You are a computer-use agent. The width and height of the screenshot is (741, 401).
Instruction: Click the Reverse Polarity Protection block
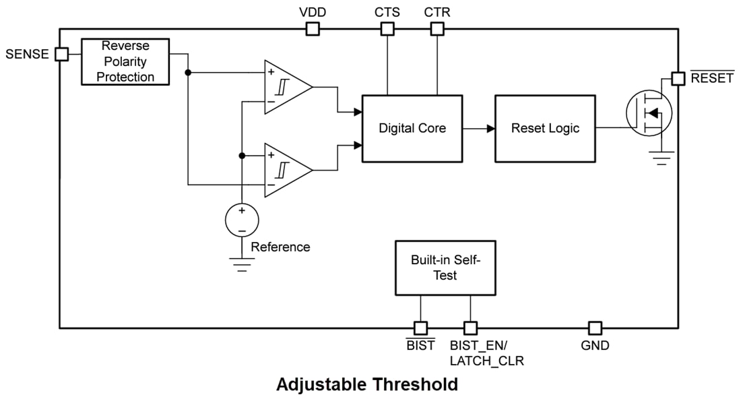pyautogui.click(x=125, y=61)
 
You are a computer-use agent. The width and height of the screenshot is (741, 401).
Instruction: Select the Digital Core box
pyautogui.click(x=412, y=128)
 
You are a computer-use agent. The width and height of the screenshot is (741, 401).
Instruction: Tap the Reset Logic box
pyautogui.click(x=545, y=128)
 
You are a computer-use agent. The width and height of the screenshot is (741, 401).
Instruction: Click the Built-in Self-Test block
pyautogui.click(x=445, y=268)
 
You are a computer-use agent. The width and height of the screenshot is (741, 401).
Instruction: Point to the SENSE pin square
pyautogui.click(x=61, y=55)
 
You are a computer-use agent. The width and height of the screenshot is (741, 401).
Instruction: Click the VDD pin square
pyautogui.click(x=313, y=29)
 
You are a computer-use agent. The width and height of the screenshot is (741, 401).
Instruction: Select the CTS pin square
pyautogui.click(x=387, y=29)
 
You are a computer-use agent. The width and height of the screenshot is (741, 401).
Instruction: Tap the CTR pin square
pyautogui.click(x=437, y=29)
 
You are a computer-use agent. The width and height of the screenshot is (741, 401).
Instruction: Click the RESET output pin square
pyautogui.click(x=678, y=79)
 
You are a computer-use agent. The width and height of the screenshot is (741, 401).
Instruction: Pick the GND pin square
pyautogui.click(x=595, y=328)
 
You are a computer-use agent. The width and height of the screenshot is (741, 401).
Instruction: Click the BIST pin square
pyautogui.click(x=420, y=328)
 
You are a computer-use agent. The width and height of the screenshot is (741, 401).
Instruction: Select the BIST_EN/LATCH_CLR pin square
pyautogui.click(x=470, y=328)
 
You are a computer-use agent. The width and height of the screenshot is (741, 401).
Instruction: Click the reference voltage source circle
pyautogui.click(x=241, y=220)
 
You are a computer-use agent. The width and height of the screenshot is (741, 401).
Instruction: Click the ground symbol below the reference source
pyautogui.click(x=241, y=262)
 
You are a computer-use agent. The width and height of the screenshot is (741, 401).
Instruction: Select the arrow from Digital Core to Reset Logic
pyautogui.click(x=479, y=128)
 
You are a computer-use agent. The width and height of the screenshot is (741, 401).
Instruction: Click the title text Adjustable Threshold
pyautogui.click(x=367, y=385)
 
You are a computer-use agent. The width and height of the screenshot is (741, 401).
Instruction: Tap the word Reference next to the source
pyautogui.click(x=280, y=247)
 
